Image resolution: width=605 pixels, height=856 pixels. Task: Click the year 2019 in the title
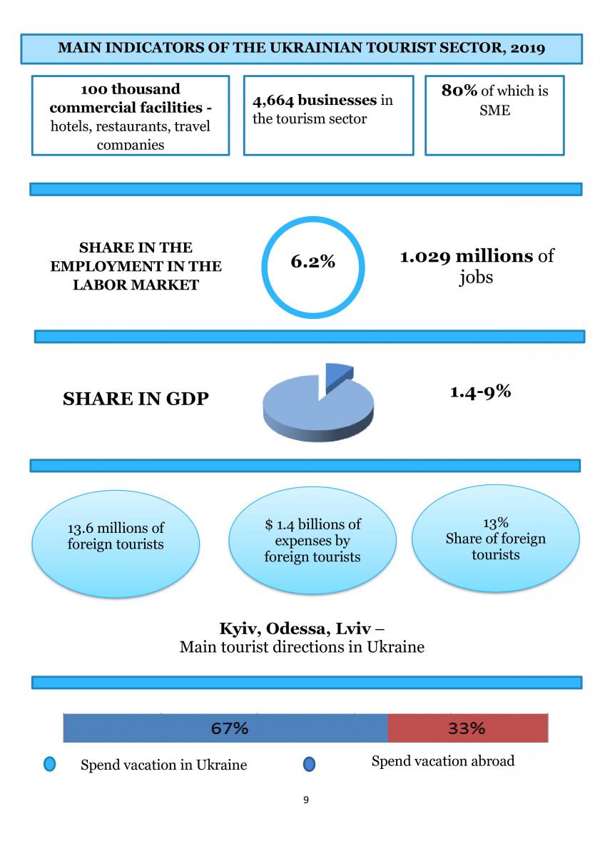(528, 48)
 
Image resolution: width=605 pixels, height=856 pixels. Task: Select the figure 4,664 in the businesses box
(273, 101)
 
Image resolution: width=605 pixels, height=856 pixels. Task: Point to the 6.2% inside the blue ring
(312, 262)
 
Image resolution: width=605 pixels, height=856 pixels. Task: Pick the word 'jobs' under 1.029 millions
(476, 277)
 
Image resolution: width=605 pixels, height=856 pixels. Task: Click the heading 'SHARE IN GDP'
(136, 399)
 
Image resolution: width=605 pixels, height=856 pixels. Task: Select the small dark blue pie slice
(337, 375)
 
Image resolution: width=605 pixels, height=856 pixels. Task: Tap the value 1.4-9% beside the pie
(480, 391)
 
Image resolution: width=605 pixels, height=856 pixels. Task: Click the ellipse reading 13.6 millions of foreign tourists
(116, 536)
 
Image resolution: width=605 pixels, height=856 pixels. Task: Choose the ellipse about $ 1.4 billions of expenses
(312, 540)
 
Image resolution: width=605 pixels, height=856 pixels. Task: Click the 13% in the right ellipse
(495, 524)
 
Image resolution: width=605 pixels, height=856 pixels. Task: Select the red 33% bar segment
(467, 728)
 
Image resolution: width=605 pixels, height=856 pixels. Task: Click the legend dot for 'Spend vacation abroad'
(309, 765)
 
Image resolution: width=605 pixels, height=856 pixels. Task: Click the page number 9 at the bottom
(306, 800)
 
